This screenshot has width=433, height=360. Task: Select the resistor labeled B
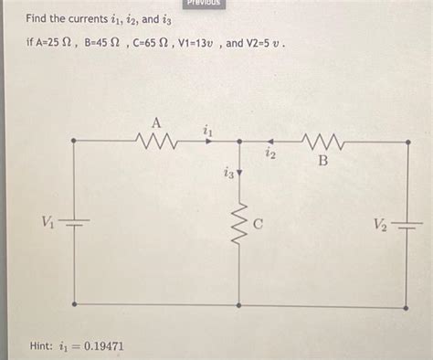[x=322, y=142]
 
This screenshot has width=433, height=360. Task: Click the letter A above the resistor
[x=156, y=122]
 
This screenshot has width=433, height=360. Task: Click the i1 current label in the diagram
[x=207, y=132]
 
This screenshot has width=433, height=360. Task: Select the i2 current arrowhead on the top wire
[x=268, y=142]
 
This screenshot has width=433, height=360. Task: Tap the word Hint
[x=42, y=346]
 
